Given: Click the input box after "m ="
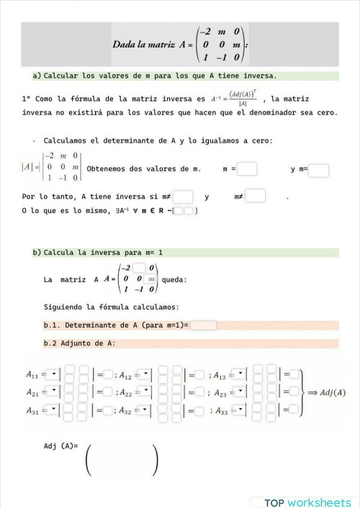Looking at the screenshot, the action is coord(247,169).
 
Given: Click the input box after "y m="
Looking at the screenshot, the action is coord(318,171).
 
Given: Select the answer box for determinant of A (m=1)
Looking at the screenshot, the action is coord(204,325).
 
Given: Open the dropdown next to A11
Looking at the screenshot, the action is coord(53,374).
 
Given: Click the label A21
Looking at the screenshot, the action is coord(33,392).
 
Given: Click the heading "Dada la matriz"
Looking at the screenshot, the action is coord(143,45).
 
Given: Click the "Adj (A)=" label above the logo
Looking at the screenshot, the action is coord(60,446).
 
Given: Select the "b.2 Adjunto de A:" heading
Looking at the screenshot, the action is coord(79,343).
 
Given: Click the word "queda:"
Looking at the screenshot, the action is coord(175,279).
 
